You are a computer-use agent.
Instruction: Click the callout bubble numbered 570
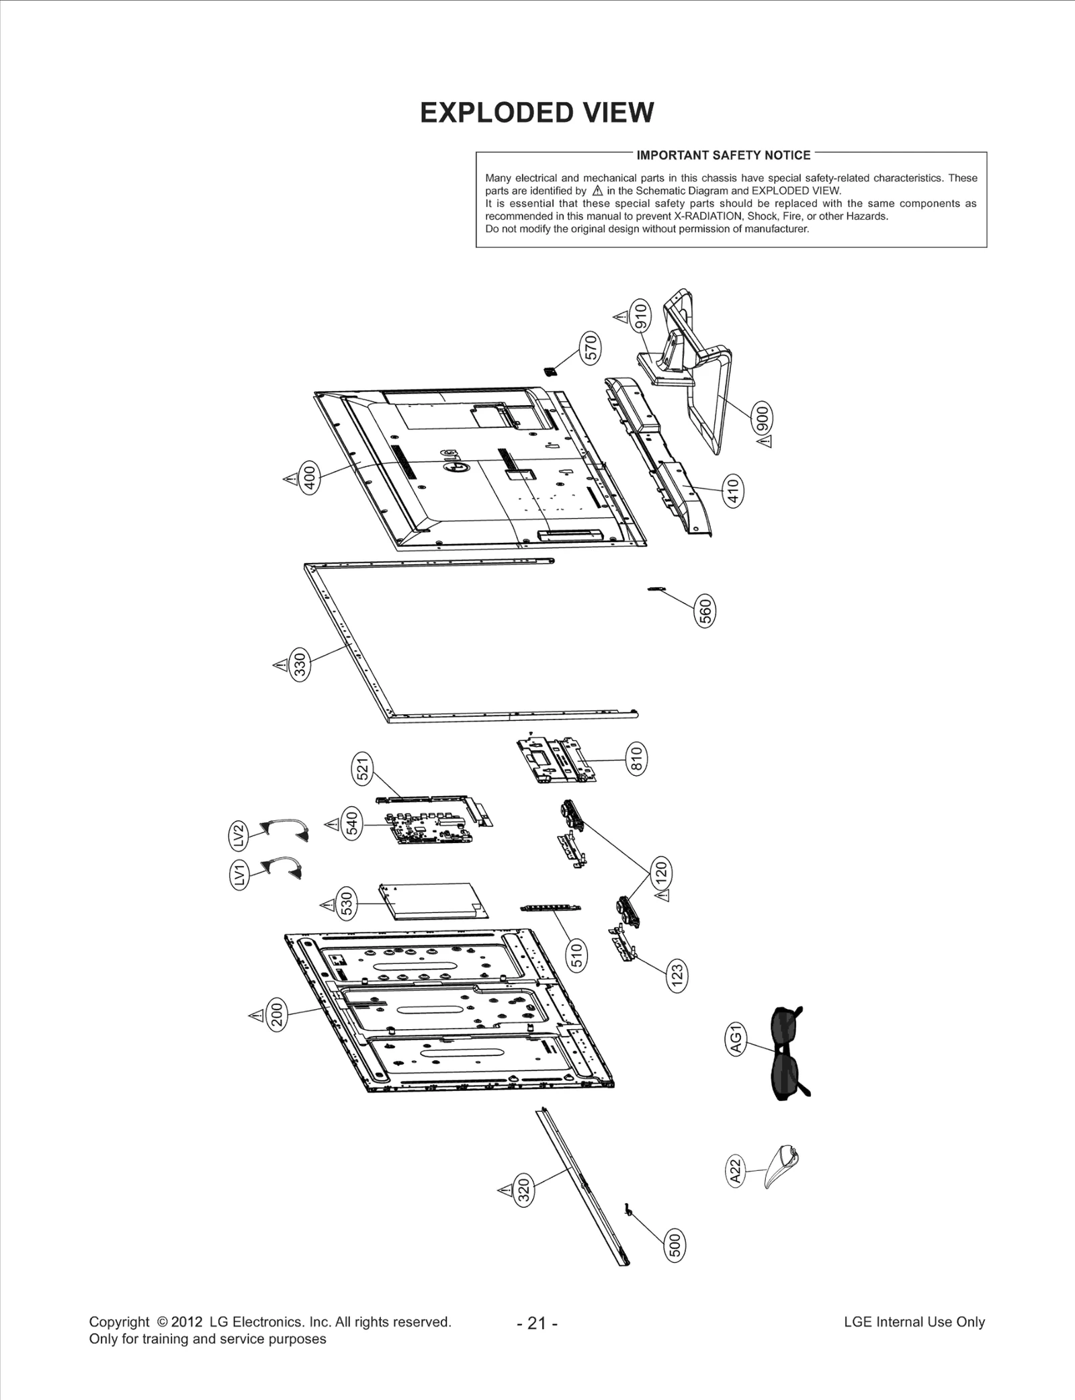591,348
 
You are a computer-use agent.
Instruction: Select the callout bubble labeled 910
640,316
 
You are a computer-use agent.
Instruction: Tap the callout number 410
734,491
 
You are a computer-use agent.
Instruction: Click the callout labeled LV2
238,836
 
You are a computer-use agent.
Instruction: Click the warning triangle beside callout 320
505,1190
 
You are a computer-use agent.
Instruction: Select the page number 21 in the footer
537,1323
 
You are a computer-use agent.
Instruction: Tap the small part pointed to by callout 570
549,370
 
